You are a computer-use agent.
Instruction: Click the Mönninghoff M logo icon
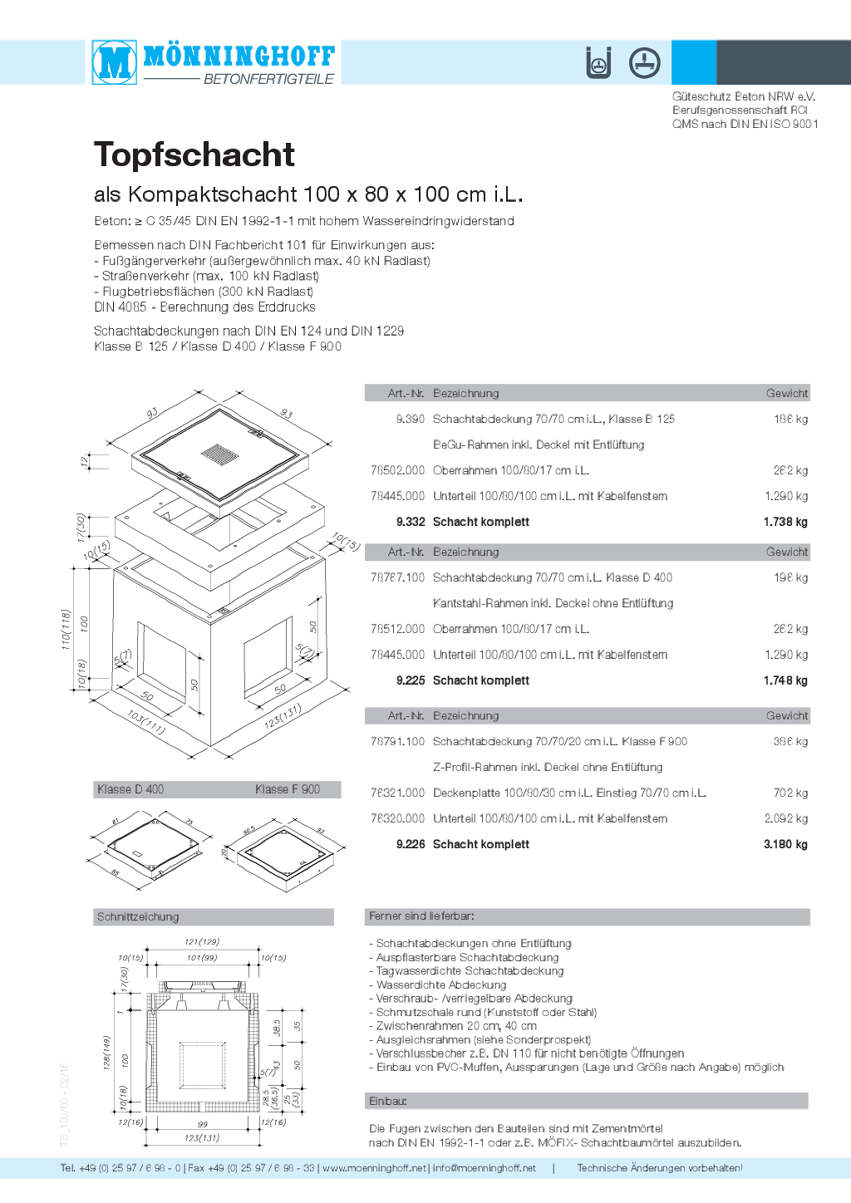tap(115, 62)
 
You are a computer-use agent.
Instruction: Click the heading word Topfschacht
tap(194, 155)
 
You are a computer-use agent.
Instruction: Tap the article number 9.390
tap(410, 419)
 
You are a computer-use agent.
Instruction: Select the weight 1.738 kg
tap(785, 522)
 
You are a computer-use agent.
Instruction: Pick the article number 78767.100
tap(397, 577)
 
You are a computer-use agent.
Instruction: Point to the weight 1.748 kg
tap(785, 680)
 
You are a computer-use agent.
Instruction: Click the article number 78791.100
tap(397, 741)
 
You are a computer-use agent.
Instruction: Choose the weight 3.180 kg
tap(785, 844)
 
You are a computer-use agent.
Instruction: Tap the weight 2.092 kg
tap(785, 818)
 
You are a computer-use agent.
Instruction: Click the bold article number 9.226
tap(411, 844)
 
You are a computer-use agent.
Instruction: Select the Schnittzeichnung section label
tap(138, 917)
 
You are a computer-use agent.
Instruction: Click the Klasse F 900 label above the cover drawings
tap(288, 789)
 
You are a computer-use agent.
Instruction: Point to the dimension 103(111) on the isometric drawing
tap(146, 722)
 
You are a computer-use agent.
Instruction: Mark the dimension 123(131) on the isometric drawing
tap(283, 716)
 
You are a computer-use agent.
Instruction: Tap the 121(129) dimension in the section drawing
tap(202, 942)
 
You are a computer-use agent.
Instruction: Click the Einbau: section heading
tap(388, 1101)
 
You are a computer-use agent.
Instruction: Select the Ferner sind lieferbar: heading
tap(421, 916)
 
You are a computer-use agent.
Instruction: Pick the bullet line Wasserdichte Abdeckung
tap(441, 984)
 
